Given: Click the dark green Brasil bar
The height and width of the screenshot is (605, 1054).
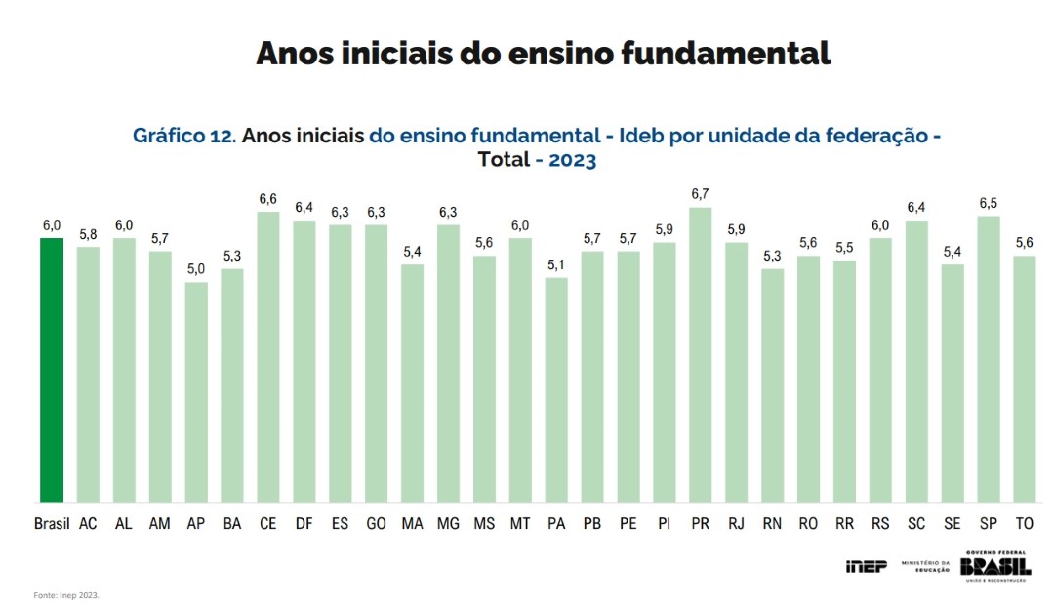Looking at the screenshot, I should coord(52,371).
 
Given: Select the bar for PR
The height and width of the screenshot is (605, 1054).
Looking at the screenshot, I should coord(701,356).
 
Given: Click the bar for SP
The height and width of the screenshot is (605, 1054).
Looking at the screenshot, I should coord(988,360).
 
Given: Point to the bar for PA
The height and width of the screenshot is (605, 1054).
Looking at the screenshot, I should coord(556,390).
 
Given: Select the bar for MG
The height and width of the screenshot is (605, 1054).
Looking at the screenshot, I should coord(448,364).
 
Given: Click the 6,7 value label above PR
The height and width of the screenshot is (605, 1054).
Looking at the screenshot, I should coord(701,194).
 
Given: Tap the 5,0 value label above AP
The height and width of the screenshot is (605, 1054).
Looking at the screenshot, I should coord(196,269).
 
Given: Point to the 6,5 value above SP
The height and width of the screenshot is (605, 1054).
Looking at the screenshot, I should coord(988,203).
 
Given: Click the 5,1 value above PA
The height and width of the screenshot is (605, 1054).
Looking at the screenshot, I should coord(556,264).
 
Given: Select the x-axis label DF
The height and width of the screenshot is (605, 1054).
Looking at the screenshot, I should coord(304,524).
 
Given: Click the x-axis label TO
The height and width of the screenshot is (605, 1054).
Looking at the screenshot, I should coord(1025,524).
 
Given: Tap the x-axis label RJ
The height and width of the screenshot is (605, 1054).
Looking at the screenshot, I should coord(736,524).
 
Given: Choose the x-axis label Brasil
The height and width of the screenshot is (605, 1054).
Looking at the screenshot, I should coord(52,524).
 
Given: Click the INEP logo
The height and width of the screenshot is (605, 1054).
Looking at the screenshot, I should coord(866,566).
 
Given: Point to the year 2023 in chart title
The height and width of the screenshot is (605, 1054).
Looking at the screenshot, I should coord(572,160).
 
